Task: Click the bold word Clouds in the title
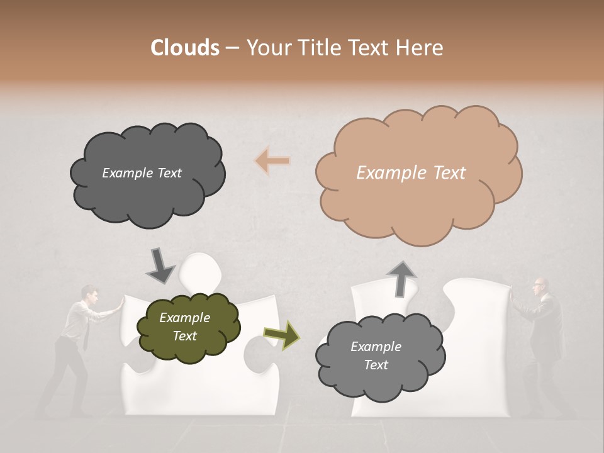[x=184, y=48]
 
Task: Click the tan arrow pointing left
[x=272, y=161]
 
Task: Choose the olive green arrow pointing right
[x=281, y=335]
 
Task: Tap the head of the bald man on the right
[x=540, y=285]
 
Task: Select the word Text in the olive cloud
[x=185, y=336]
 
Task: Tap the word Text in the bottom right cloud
[x=376, y=365]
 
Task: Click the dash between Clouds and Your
[x=232, y=48]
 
